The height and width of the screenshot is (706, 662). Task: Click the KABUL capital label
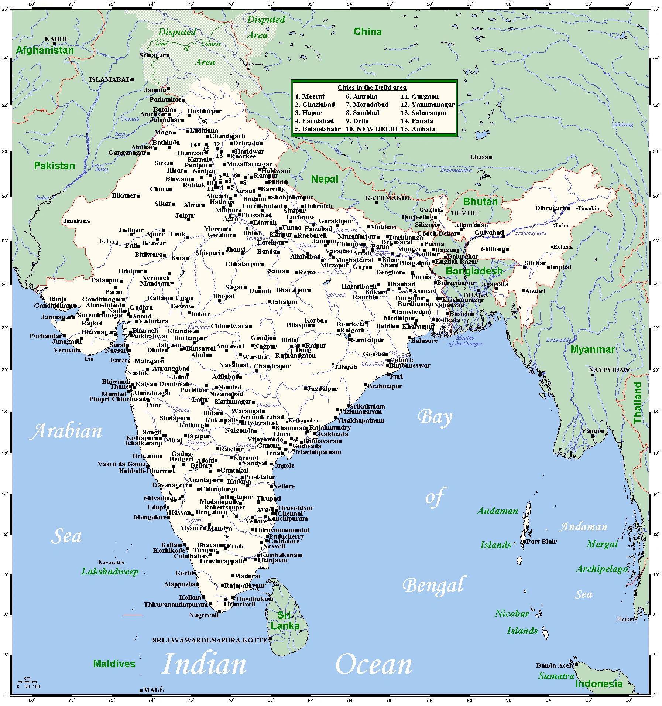click(56, 39)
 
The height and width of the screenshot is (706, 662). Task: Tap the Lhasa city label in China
click(479, 157)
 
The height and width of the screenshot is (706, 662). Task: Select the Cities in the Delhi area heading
click(371, 88)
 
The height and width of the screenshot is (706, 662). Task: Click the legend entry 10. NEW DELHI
click(371, 129)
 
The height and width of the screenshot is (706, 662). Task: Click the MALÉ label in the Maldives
click(153, 690)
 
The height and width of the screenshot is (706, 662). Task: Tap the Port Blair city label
click(541, 542)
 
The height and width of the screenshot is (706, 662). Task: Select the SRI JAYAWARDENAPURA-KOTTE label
click(210, 640)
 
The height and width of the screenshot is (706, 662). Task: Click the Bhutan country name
click(480, 201)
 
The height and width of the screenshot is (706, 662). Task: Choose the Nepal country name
click(324, 179)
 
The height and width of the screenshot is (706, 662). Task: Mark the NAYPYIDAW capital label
click(609, 370)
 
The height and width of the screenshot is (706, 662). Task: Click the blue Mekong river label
click(623, 125)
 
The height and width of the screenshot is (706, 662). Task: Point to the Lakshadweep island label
click(110, 572)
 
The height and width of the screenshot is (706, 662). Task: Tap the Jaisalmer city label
click(76, 221)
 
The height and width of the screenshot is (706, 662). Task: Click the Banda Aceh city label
click(554, 665)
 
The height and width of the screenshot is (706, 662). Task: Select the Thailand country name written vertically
click(637, 402)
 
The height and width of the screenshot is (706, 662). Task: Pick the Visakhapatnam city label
click(360, 420)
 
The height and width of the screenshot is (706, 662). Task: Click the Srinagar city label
click(152, 55)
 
